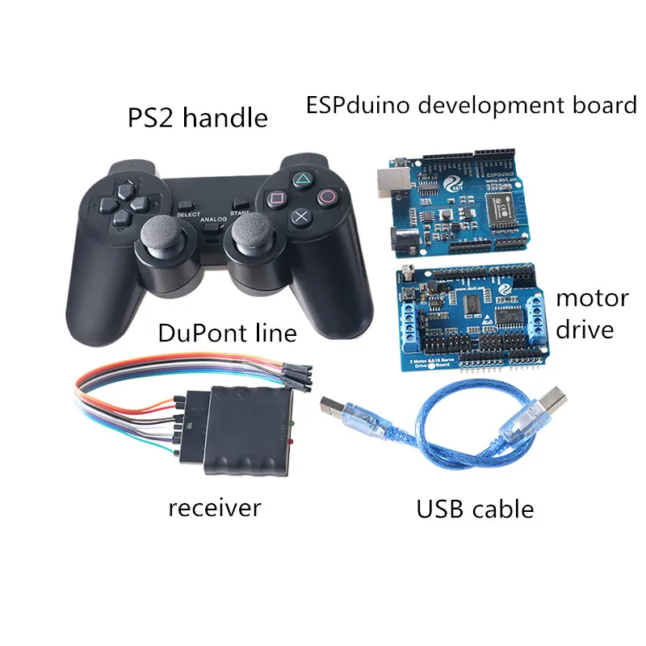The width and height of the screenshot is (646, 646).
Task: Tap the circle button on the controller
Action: [x=327, y=195]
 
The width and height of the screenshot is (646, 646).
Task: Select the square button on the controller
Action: [x=275, y=196]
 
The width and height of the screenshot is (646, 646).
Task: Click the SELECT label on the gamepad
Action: [x=187, y=214]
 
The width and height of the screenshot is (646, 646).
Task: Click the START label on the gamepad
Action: [x=240, y=213]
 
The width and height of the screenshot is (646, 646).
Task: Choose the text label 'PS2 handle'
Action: [x=198, y=118]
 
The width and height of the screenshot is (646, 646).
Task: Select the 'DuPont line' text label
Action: [x=228, y=332]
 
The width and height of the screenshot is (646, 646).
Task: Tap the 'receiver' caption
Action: [x=214, y=508]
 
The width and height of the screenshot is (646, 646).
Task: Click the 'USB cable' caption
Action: [x=475, y=510]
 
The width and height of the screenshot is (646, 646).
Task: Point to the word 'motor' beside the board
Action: [x=592, y=298]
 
